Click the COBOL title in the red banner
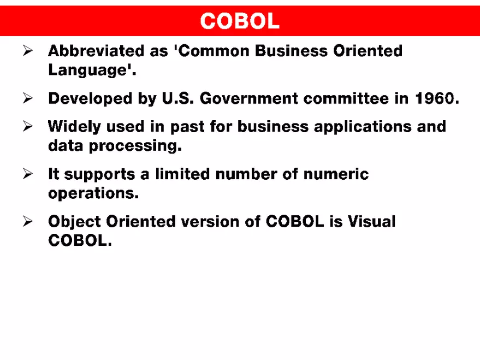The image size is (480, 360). [240, 21]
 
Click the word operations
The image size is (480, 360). [93, 194]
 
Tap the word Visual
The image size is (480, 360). [371, 222]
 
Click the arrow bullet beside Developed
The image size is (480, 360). [28, 99]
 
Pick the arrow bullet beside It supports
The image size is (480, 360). [28, 174]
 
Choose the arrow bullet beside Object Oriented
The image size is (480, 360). [28, 222]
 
